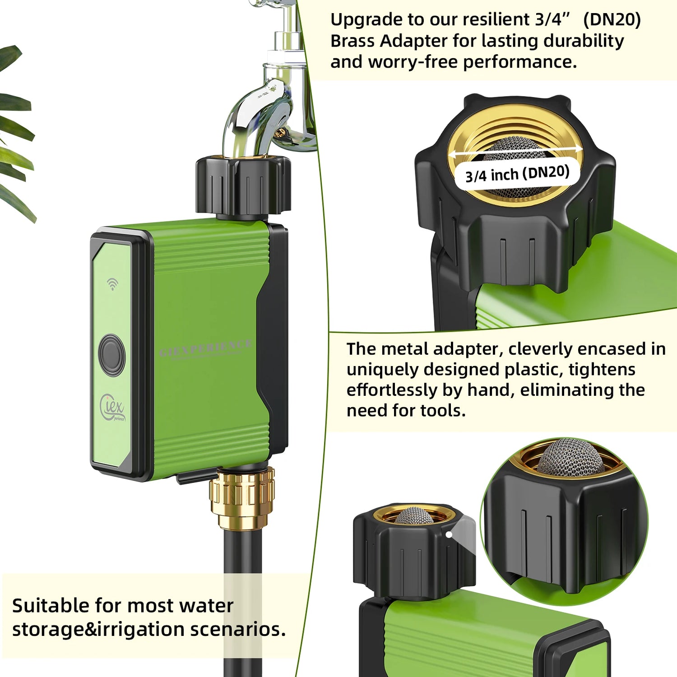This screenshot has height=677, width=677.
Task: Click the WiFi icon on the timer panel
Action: tap(112, 284)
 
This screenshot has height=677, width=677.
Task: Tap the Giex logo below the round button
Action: tap(112, 408)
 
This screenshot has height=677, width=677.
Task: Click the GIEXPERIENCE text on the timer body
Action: tap(206, 348)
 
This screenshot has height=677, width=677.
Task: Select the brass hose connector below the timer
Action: tap(242, 498)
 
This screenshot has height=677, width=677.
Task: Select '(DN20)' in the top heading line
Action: tap(612, 20)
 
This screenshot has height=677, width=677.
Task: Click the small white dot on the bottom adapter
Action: tap(449, 535)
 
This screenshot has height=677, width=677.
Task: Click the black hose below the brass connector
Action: tap(243, 587)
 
